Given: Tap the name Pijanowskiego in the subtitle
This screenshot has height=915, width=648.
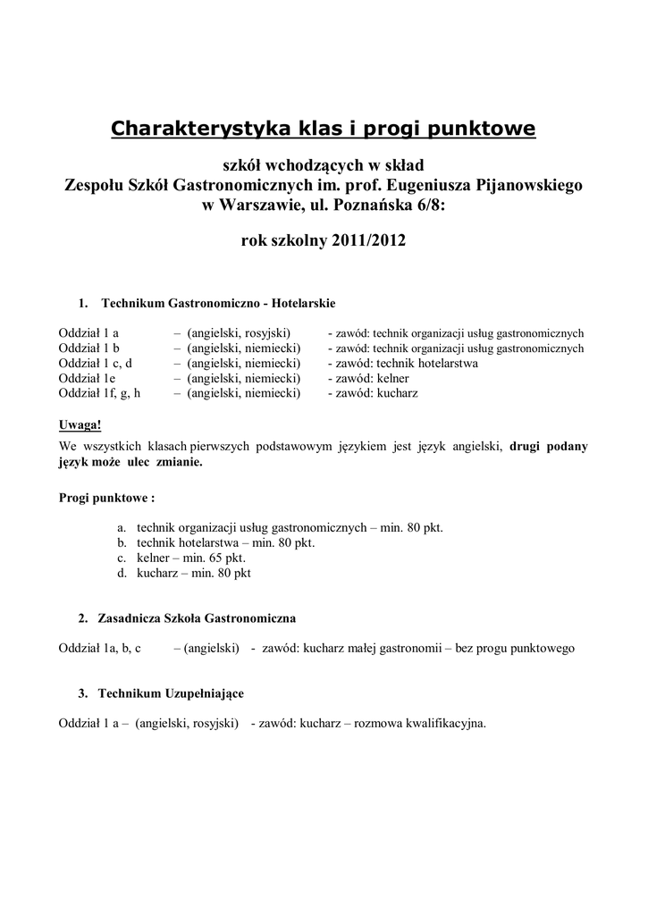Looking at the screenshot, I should click(x=531, y=186).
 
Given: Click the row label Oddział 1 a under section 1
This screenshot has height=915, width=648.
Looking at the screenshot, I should click(x=89, y=332).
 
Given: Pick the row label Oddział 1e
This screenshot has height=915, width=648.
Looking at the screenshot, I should click(x=88, y=378).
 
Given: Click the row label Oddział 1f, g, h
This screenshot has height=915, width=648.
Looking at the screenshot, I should click(x=99, y=393).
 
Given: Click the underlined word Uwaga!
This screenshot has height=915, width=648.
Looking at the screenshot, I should click(x=80, y=424).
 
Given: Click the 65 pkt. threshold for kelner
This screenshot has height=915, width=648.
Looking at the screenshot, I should click(x=215, y=558).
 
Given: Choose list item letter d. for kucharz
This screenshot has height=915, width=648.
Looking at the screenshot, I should click(x=122, y=574).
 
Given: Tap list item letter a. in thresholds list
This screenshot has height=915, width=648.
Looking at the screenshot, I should click(x=122, y=527).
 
